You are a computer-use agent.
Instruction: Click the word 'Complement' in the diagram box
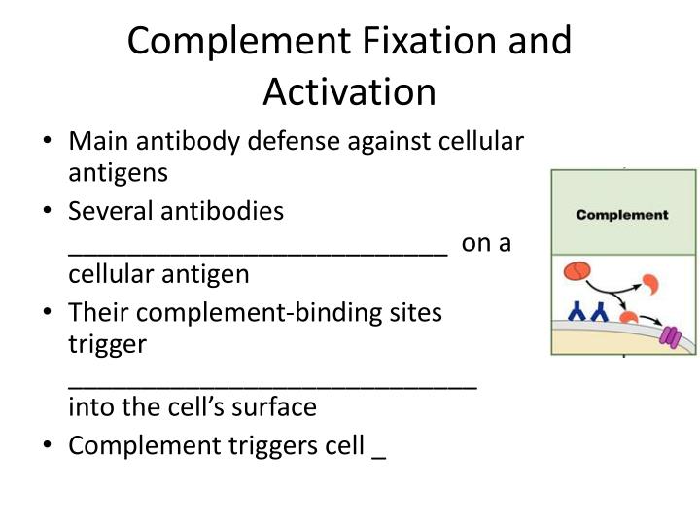point(622,215)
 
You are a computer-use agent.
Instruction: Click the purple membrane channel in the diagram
point(671,336)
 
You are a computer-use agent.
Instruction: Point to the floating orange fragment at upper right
point(647,285)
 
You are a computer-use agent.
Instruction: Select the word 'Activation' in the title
point(349,91)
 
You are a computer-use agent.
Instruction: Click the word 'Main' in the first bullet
point(97,142)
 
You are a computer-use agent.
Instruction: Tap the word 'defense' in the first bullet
point(292,142)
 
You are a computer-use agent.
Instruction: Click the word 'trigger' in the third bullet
point(107,343)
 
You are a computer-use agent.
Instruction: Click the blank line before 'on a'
point(258,252)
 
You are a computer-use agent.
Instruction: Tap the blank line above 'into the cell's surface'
point(272,385)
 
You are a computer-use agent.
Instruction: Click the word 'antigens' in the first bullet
point(118,173)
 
